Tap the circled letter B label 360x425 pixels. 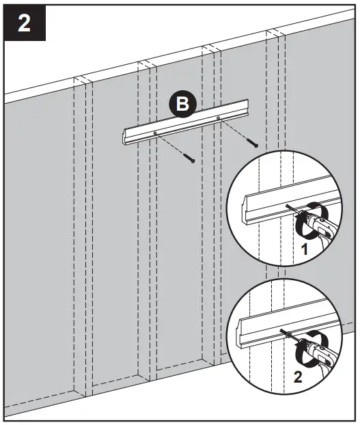pyautogui.click(x=182, y=105)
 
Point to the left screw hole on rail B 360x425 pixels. pyautogui.click(x=156, y=133)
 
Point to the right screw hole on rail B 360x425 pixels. pyautogui.click(x=218, y=118)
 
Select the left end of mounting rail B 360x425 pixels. pyautogui.click(x=126, y=136)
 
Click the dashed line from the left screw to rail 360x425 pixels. pyautogui.click(x=172, y=144)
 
